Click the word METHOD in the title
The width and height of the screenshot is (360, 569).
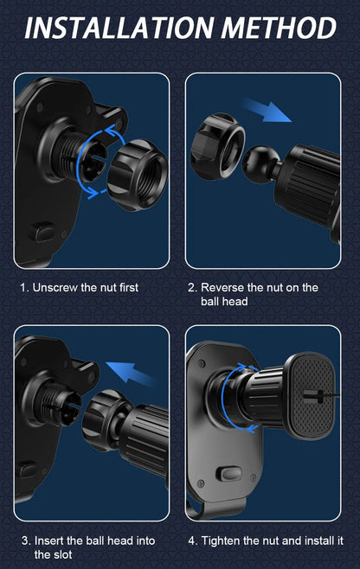click(x=278, y=28)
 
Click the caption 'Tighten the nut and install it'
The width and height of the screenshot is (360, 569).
click(x=265, y=541)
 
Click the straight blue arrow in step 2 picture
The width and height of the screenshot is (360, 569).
click(x=266, y=110)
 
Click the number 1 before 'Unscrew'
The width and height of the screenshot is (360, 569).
click(x=23, y=287)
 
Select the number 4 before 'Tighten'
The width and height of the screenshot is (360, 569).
click(x=192, y=541)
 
